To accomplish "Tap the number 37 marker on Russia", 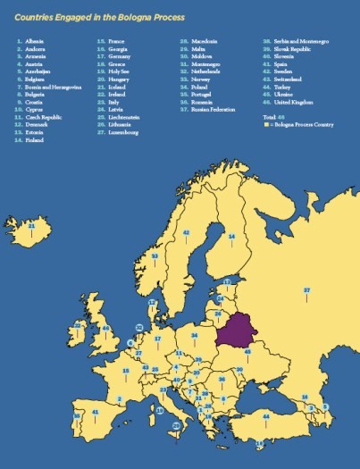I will click(306, 290).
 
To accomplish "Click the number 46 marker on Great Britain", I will click(105, 328).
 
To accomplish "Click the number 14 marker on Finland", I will click(231, 236).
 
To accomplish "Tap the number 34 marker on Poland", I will click(193, 335).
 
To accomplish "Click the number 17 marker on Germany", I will click(158, 339).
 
